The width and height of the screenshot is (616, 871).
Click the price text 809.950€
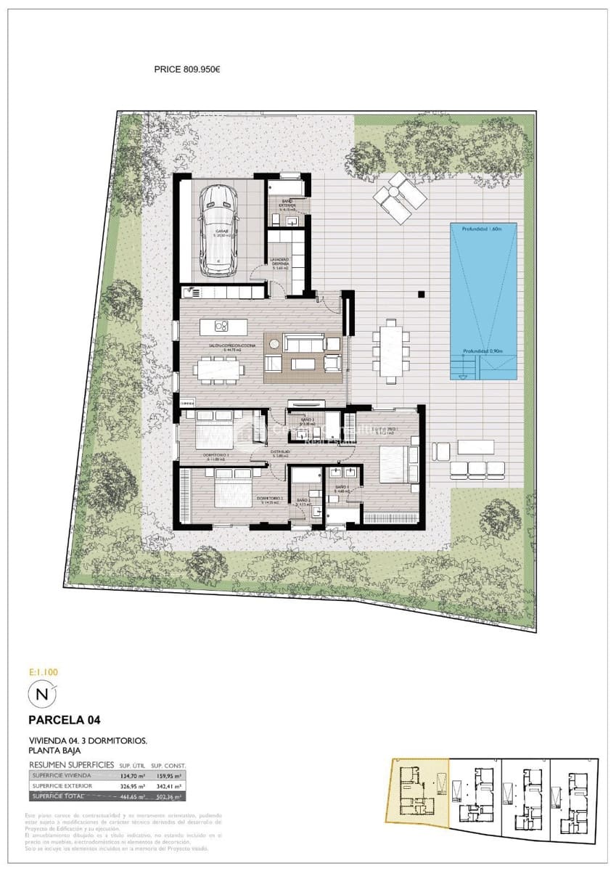click(187, 70)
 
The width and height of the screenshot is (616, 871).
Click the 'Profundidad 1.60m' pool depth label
click(483, 229)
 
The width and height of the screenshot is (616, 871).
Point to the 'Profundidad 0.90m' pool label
click(483, 352)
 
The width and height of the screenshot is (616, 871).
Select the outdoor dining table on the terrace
click(391, 351)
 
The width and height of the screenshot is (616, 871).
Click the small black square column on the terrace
click(421, 295)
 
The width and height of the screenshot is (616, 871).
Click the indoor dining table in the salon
click(218, 370)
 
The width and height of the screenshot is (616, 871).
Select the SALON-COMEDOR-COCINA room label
click(221, 346)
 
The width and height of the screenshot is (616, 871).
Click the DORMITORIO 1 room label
click(218, 457)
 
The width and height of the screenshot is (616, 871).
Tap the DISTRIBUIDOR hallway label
click(282, 451)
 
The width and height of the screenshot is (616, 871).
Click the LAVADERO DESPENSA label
click(280, 263)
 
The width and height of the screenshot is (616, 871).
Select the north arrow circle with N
click(42, 695)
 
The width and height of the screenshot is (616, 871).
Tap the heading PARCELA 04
click(64, 721)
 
